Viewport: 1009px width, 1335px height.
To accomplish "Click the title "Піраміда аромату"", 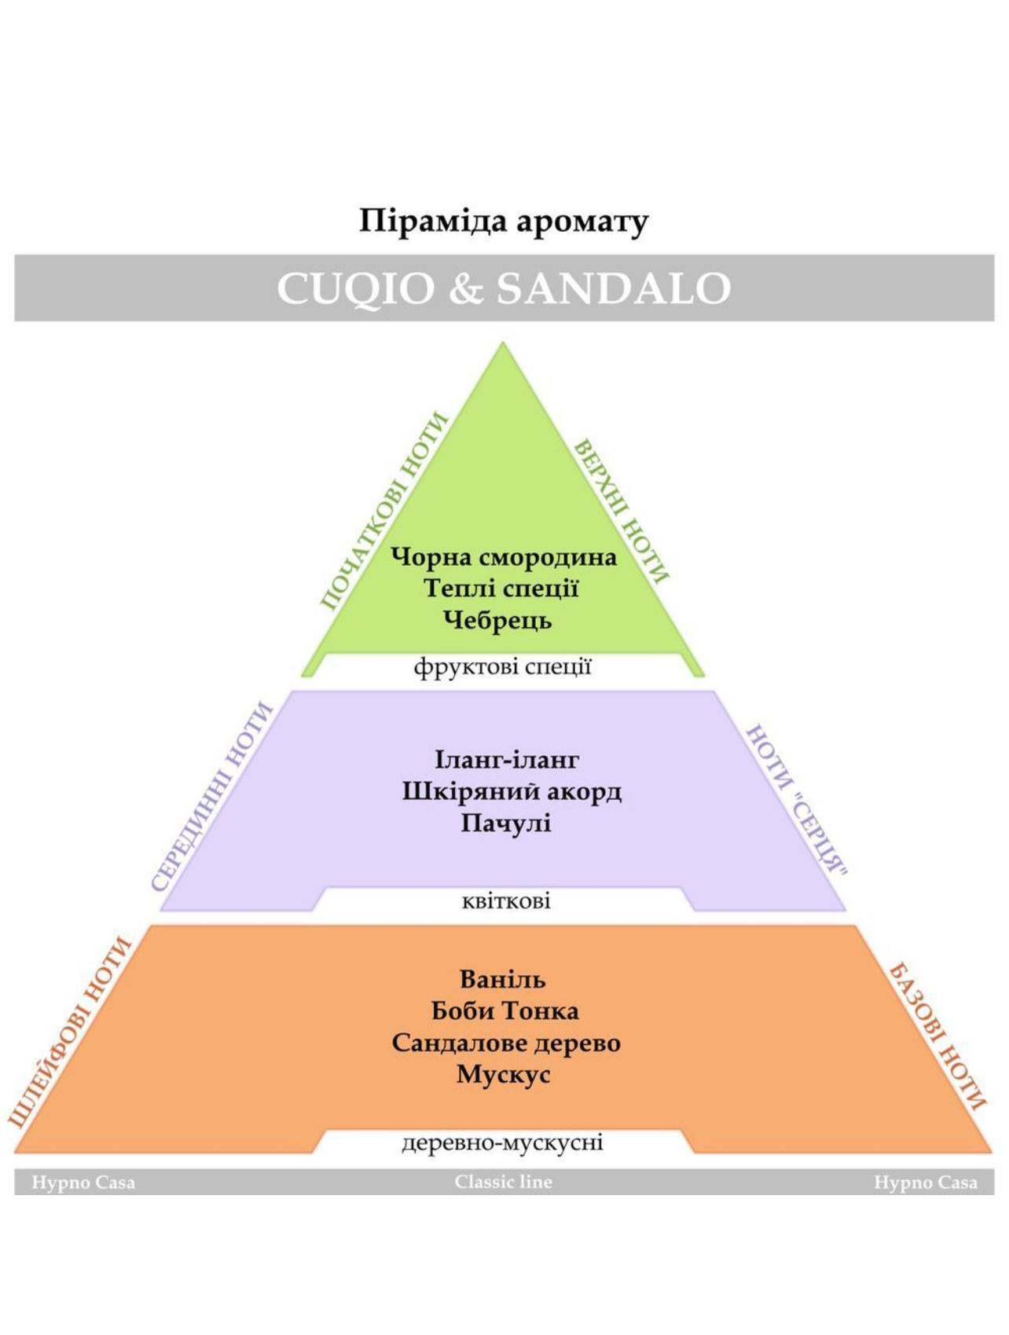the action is tap(504, 222).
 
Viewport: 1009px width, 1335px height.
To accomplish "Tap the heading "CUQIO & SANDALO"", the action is tap(504, 288).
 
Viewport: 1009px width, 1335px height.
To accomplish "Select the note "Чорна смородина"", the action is tap(504, 557).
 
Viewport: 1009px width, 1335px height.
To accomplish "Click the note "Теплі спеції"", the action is tap(501, 589).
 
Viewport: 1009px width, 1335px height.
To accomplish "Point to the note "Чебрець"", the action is tap(497, 620).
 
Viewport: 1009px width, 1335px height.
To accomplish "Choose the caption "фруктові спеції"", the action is tap(503, 667).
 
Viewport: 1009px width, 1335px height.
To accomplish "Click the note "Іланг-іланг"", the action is tap(507, 760).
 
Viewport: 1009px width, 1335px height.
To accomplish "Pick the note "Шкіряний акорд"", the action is tap(512, 791).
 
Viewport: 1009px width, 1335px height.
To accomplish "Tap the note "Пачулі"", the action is tap(506, 823).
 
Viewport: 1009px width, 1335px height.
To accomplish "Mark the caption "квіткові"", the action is tap(506, 900).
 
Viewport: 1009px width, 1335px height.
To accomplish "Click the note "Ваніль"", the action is tap(503, 979).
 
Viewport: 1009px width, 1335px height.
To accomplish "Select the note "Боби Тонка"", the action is tap(505, 1010).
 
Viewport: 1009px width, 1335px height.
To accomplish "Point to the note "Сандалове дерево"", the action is tap(506, 1043).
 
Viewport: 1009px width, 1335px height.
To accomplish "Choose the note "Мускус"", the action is tap(503, 1074).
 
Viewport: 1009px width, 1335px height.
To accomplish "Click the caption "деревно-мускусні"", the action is tap(502, 1142).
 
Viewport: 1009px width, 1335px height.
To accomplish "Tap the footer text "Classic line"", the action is tap(504, 1182).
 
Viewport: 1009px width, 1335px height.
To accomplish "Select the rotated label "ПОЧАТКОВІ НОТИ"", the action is tap(384, 511).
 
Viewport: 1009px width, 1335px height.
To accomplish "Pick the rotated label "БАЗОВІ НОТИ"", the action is tap(937, 1036).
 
